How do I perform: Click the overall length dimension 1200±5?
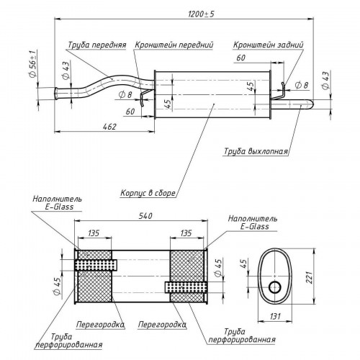point(201,14)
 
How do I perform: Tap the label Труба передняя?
point(97,45)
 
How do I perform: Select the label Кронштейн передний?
point(174,45)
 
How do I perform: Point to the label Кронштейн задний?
point(268,45)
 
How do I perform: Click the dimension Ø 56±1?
point(32,63)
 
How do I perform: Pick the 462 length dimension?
point(109,127)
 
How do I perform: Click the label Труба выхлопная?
point(256,151)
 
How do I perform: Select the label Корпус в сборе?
point(148,193)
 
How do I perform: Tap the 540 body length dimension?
point(145,216)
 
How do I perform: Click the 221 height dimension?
point(310,277)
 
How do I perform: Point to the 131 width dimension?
point(275,316)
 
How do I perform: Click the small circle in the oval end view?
point(275,287)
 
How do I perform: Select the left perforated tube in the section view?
point(96,265)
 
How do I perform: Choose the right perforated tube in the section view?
point(186,287)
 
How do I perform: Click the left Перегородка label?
point(100,325)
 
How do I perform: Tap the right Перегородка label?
point(162,325)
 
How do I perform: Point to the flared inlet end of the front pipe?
point(57,94)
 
